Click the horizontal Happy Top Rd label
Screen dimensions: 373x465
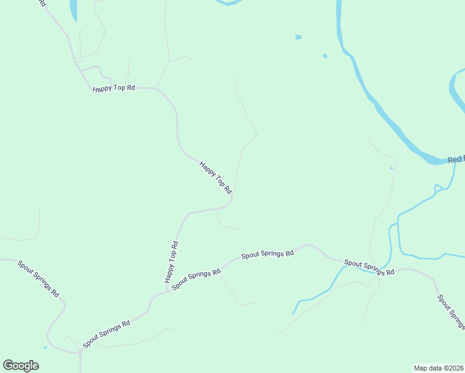[114, 88]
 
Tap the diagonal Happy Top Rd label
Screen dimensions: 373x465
[215, 177]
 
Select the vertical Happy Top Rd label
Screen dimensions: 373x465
[172, 262]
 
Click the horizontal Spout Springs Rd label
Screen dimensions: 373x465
[267, 254]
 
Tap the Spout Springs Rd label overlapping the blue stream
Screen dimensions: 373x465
[369, 268]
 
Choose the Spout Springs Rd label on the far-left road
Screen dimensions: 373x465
[39, 279]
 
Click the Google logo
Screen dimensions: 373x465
[21, 366]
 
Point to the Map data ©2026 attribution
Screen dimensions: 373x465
[438, 367]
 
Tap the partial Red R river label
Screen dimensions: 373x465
[456, 160]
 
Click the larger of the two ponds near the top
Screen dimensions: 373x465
[298, 37]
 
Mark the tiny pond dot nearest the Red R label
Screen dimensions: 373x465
[391, 168]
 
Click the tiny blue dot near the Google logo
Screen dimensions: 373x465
[45, 347]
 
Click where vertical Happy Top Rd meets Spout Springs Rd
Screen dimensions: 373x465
[167, 291]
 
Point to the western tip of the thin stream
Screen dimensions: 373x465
[293, 313]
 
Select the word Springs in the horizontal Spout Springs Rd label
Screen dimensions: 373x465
[270, 254]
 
